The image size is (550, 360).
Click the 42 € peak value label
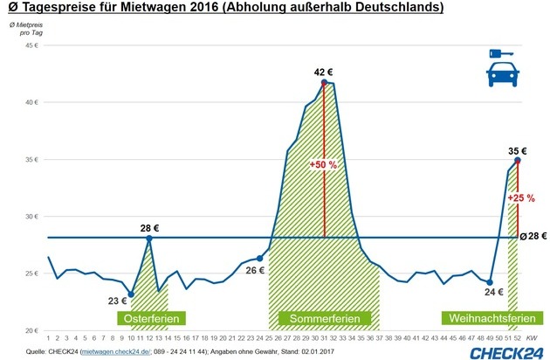click(x=324, y=72)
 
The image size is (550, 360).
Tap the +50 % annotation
click(x=323, y=163)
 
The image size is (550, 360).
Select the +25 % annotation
click(x=521, y=197)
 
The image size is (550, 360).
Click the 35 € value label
click(x=519, y=150)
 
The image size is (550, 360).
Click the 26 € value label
click(x=254, y=270)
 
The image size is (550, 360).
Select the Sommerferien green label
click(x=329, y=316)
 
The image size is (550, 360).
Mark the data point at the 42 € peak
click(x=324, y=83)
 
